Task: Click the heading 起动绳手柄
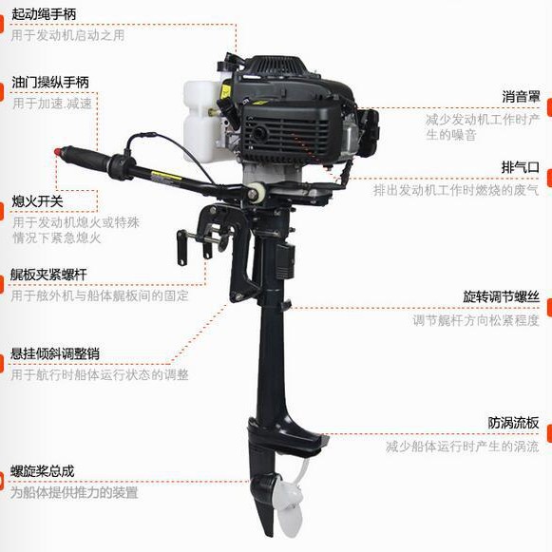click(44, 14)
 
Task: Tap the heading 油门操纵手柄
click(50, 82)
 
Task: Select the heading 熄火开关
click(37, 201)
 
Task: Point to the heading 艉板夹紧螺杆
click(48, 275)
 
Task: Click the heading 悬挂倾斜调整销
click(55, 353)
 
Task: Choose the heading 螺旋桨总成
click(42, 471)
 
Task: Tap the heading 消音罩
click(521, 97)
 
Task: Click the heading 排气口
click(521, 167)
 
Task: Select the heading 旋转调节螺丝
click(502, 296)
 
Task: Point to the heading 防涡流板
click(514, 423)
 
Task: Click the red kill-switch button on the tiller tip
click(58, 152)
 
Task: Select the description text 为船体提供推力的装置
click(74, 492)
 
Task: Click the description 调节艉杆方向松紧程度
click(476, 320)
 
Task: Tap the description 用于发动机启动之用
click(67, 35)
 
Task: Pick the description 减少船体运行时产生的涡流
click(463, 447)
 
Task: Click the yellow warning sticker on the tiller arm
click(166, 176)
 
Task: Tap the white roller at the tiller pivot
click(258, 191)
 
